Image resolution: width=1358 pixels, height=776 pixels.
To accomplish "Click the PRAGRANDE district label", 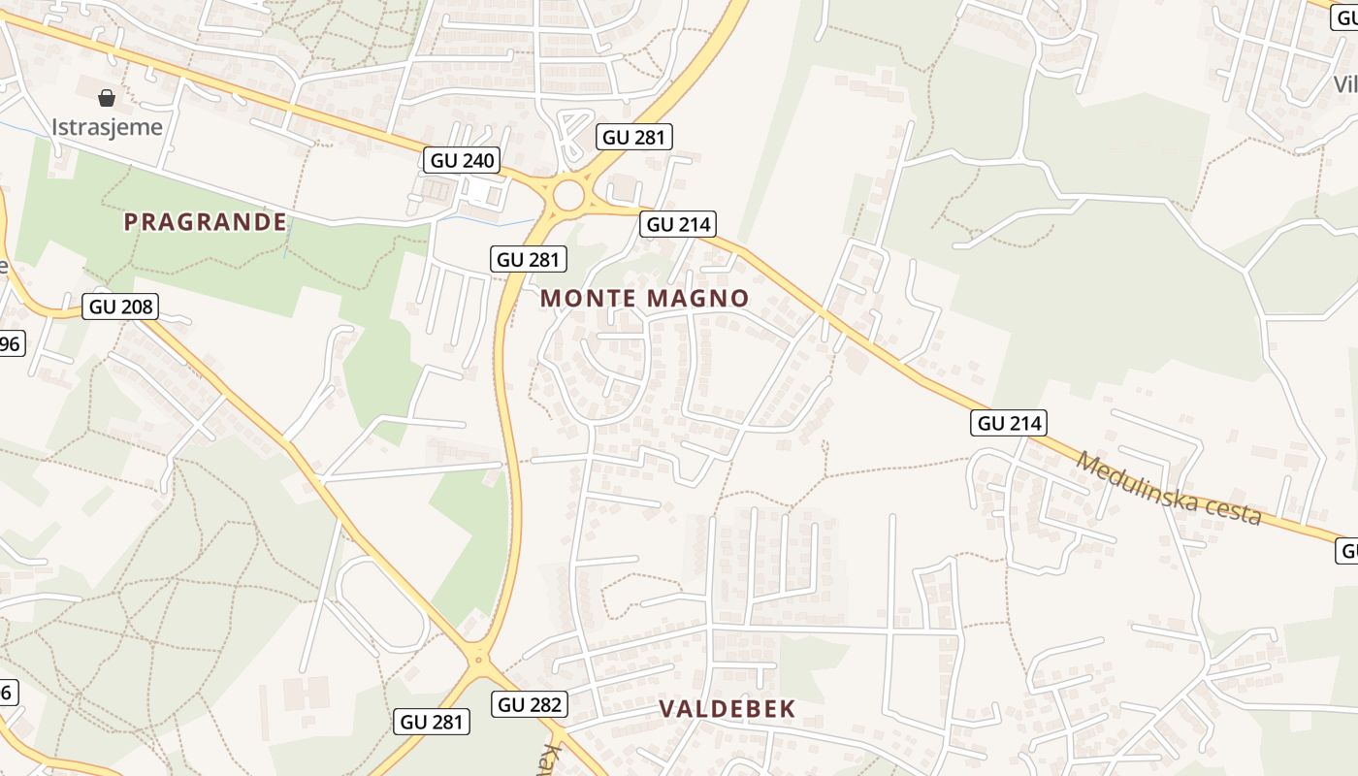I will (206, 222).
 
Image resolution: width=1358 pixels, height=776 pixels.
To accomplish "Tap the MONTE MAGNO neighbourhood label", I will (645, 298).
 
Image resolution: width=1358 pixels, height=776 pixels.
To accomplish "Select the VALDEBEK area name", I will (727, 709).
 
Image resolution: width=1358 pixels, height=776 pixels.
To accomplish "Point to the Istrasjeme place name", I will (107, 127).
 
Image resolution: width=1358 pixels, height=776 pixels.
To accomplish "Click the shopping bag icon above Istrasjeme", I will (107, 97).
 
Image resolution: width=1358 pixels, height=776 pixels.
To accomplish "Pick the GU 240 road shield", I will (461, 160).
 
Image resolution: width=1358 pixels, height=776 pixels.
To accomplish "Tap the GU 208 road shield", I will (120, 307).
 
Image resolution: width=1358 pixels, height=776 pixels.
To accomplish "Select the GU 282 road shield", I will (530, 704).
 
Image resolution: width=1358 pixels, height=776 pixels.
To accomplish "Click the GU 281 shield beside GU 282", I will (433, 722).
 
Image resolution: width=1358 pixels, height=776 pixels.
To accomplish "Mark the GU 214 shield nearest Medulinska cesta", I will (1009, 423).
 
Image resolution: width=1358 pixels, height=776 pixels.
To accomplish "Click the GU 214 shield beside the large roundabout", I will (678, 225).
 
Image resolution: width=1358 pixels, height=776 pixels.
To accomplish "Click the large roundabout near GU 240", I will (568, 196).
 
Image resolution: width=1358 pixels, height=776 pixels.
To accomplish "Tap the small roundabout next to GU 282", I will (477, 660).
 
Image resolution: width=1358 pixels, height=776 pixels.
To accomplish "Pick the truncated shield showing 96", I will (11, 343).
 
